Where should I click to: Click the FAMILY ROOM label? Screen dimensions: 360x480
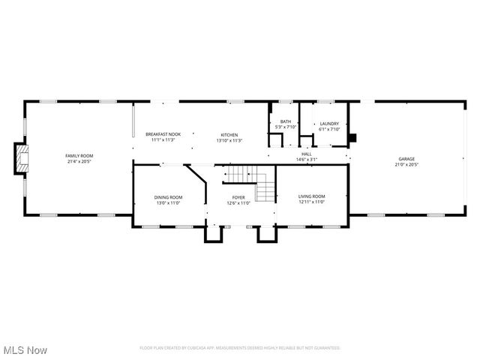[79, 155]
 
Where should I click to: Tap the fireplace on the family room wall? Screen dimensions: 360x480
[22, 158]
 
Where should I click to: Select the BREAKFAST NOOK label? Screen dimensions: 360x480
[163, 133]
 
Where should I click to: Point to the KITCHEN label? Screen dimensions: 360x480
[229, 133]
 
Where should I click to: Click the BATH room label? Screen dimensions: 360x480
[286, 121]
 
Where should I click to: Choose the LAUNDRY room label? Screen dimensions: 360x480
[329, 124]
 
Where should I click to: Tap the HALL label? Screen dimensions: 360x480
[306, 154]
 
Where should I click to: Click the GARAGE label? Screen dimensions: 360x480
[406, 159]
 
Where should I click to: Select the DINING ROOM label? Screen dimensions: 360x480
[169, 197]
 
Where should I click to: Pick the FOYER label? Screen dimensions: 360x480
[238, 197]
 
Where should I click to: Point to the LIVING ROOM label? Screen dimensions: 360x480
[311, 196]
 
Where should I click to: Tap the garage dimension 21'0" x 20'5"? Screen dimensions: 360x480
[406, 164]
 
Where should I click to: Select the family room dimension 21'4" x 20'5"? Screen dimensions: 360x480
[79, 160]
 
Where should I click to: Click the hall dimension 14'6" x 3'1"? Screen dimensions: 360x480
[306, 159]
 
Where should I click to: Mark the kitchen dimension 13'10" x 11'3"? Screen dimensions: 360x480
[229, 139]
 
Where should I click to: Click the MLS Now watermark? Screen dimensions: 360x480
[25, 350]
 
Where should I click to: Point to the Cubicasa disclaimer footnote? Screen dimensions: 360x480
[240, 348]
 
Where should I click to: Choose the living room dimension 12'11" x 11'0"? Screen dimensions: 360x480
[311, 202]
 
